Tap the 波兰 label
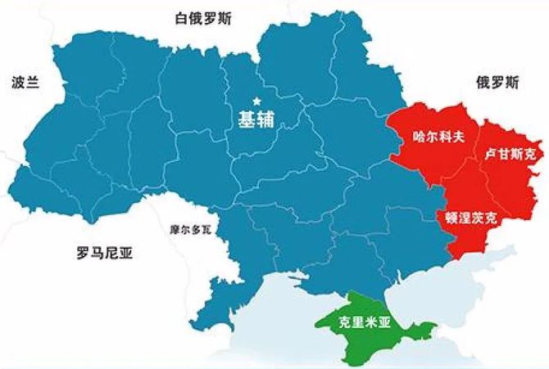coord(25,83)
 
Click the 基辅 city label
coord(255,119)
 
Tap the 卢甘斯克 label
coord(509,154)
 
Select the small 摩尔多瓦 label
coord(190,230)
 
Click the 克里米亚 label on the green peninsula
coord(367,322)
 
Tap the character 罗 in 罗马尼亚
coord(80,254)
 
